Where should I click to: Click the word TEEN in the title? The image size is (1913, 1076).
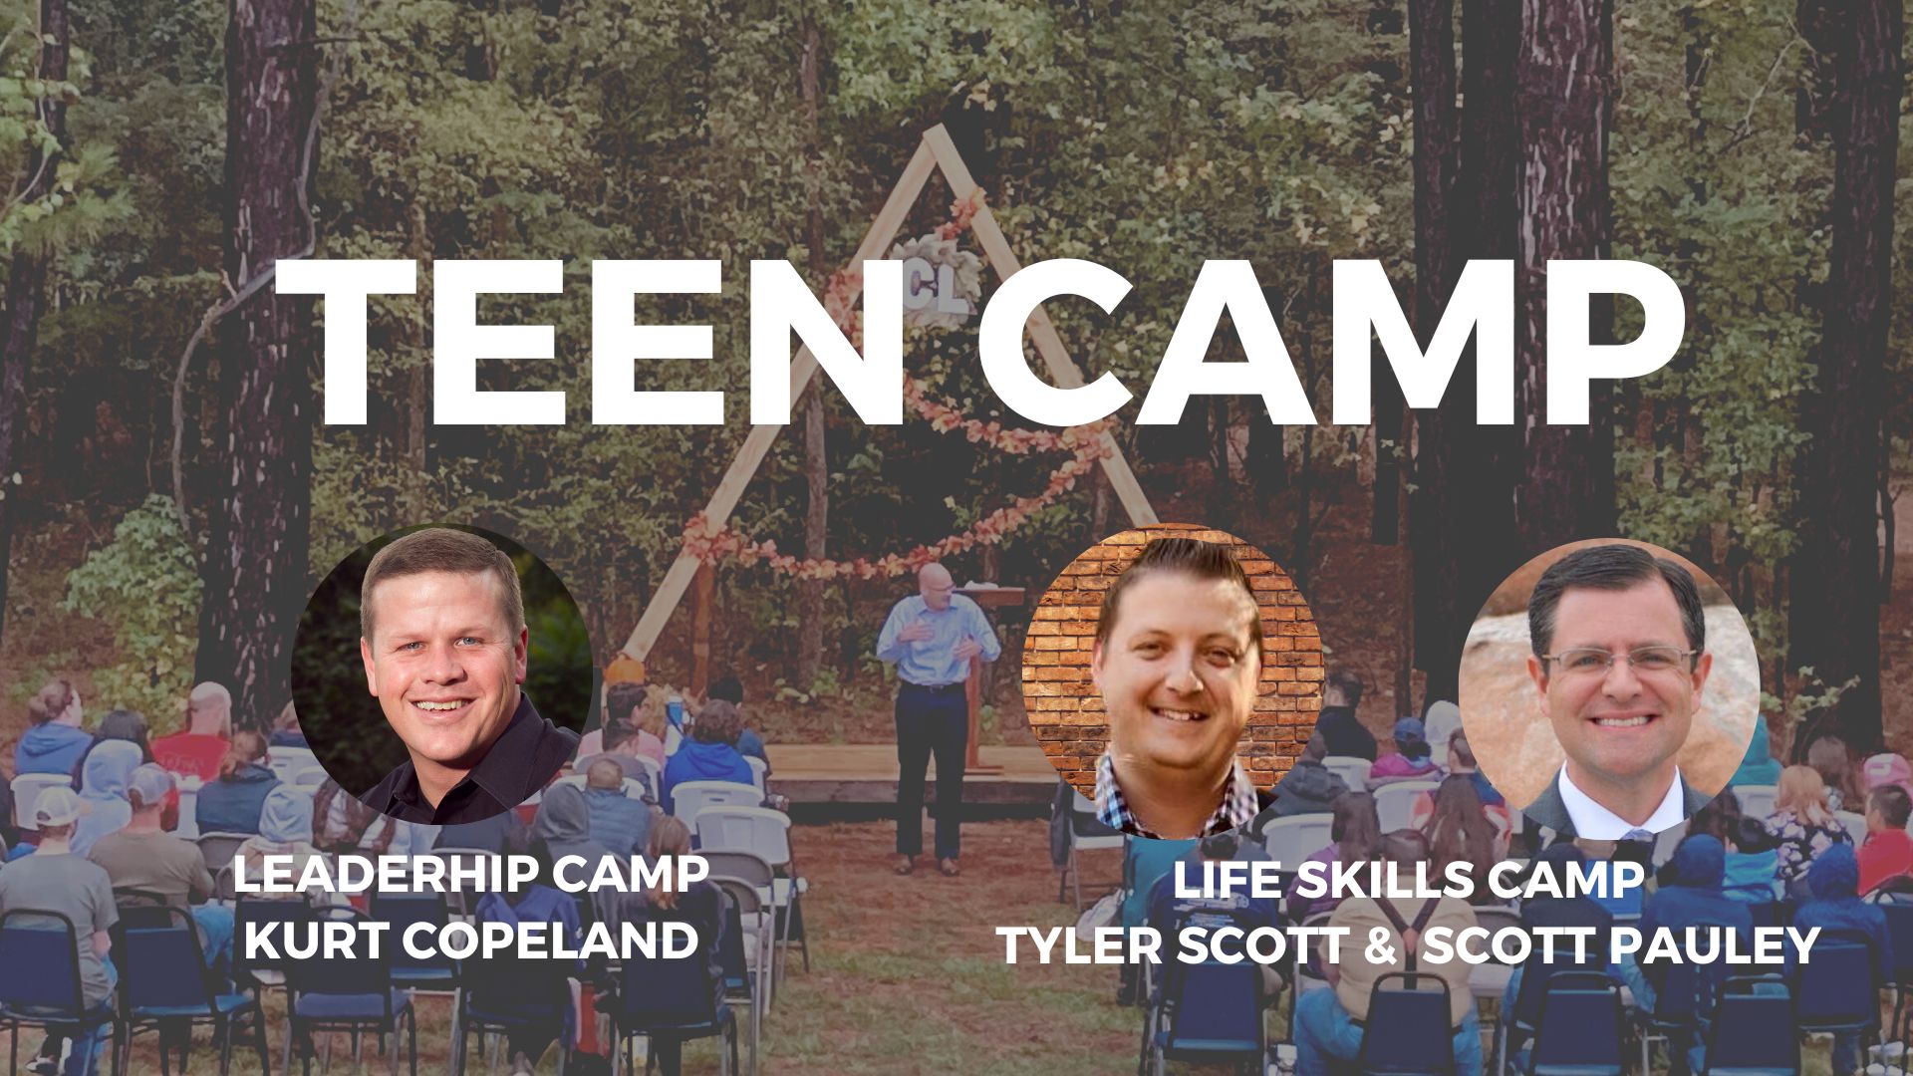click(588, 344)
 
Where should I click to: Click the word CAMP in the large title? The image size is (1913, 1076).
click(1325, 344)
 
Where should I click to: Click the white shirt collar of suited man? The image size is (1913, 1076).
click(1614, 797)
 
